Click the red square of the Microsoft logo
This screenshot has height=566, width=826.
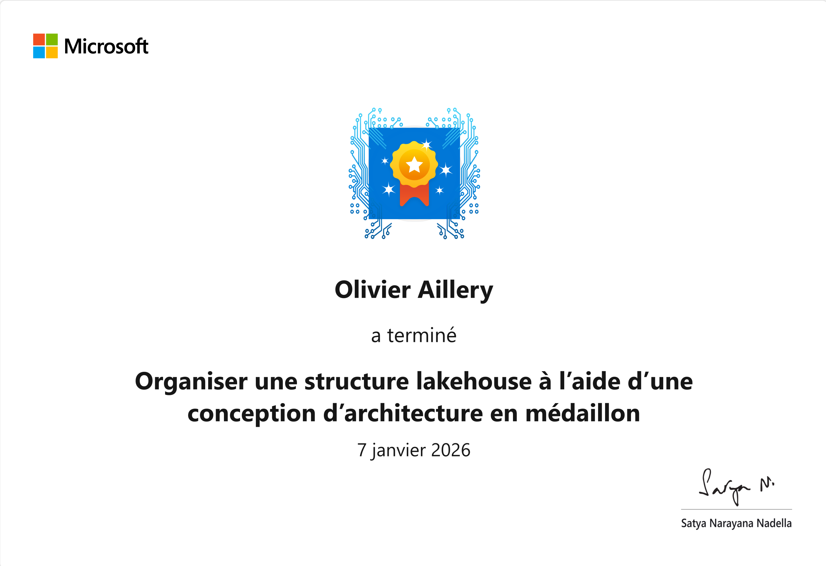click(39, 39)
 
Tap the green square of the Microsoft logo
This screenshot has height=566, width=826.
click(52, 39)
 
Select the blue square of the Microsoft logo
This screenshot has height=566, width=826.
click(39, 52)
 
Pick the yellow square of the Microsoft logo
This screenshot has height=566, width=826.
click(52, 52)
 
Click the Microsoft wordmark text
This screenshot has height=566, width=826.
click(106, 46)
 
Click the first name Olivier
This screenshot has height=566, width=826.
click(373, 290)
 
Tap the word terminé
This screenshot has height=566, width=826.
click(422, 335)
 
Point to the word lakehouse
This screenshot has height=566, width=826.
click(474, 381)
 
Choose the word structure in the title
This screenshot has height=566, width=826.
click(357, 382)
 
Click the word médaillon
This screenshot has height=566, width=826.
click(583, 413)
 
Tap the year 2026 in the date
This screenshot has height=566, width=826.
click(451, 450)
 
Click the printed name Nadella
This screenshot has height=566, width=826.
click(774, 523)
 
